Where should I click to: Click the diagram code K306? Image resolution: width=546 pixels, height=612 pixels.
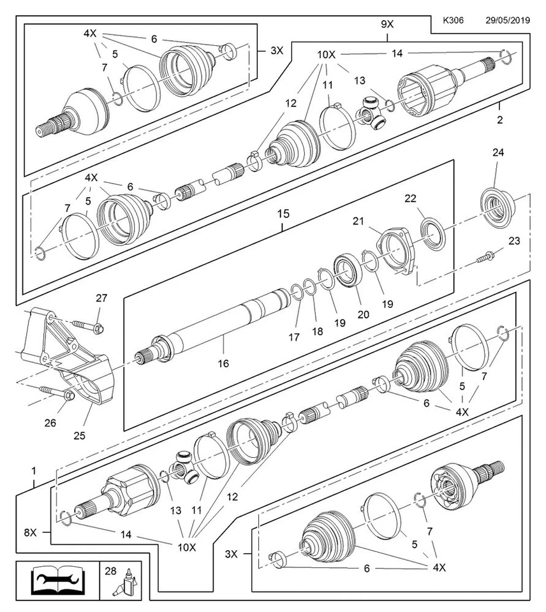click(x=453, y=21)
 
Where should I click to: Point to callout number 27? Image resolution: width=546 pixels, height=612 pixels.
click(x=101, y=298)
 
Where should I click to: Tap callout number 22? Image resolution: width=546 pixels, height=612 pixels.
click(x=428, y=199)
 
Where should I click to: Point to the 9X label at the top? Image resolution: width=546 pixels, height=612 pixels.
click(x=387, y=25)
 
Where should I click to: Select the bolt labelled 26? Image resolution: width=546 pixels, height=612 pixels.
click(x=55, y=391)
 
